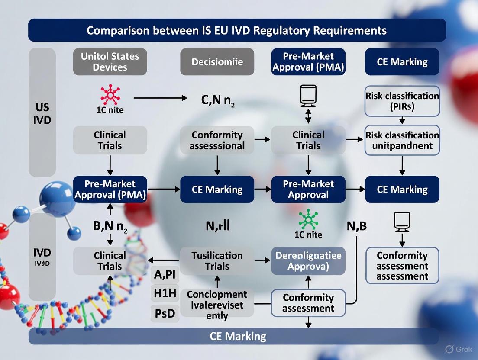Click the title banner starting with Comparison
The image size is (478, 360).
coord(237,31)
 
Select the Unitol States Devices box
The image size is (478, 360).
coord(110,61)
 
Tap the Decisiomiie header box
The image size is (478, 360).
coord(217,62)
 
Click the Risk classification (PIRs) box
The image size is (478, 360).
coord(402,101)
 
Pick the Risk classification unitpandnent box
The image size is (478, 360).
coord(402,140)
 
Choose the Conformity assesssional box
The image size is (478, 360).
coord(217,140)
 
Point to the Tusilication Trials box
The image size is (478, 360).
coord(217,261)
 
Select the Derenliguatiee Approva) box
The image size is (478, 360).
coord(308,261)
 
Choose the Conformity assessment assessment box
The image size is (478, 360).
coord(402,266)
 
